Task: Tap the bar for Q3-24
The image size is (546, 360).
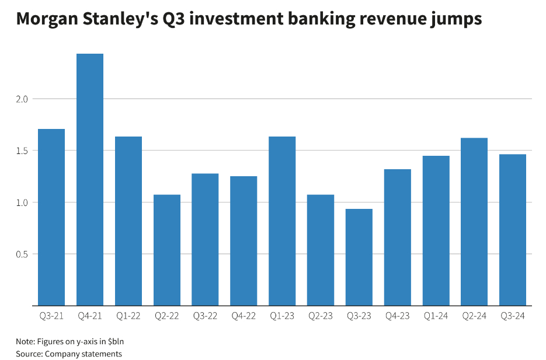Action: [513, 230]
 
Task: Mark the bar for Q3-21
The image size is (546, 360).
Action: [51, 217]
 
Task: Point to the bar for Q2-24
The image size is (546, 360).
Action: [474, 222]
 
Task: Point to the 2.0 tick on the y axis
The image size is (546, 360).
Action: [22, 99]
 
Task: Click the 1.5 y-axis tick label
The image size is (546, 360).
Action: [22, 151]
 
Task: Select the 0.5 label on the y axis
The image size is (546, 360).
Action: [22, 254]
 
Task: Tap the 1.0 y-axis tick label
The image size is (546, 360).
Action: [22, 202]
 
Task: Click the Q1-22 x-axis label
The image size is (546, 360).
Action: [128, 316]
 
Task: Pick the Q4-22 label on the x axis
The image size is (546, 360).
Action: [244, 316]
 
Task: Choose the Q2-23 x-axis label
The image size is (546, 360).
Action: [321, 316]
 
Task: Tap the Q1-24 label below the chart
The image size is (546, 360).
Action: [436, 316]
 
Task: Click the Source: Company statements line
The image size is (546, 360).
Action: [69, 354]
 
